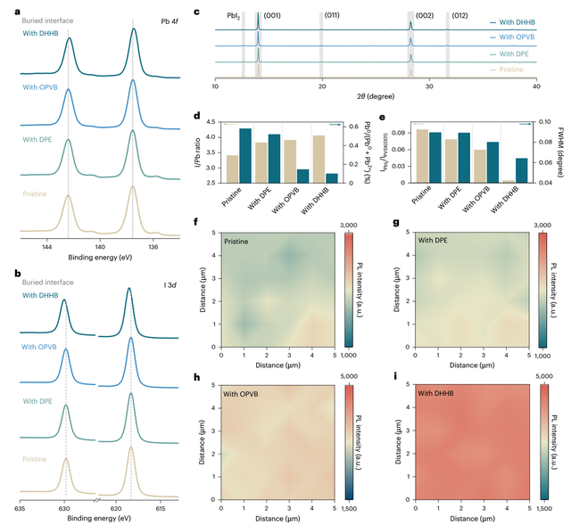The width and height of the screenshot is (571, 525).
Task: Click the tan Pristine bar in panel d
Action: coord(232,168)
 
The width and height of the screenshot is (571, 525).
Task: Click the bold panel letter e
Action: coord(383,116)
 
